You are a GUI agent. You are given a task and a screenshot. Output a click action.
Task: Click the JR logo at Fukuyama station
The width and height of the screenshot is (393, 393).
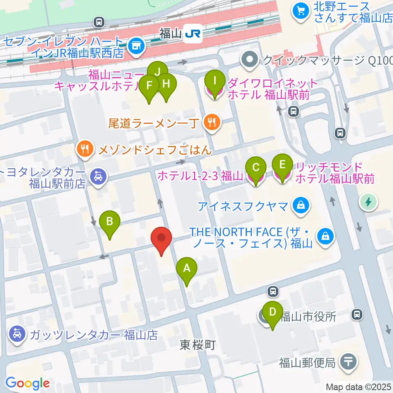pos(192,34)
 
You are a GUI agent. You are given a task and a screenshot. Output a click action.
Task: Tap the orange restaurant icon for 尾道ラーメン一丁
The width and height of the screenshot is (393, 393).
pos(212,122)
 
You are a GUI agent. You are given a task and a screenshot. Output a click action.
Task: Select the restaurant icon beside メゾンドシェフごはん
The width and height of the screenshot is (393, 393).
pos(85,149)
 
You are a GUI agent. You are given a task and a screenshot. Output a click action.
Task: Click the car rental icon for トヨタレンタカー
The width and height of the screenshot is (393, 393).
pos(98,176)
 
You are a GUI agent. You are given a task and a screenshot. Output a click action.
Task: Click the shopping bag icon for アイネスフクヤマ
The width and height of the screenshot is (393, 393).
pos(301,205)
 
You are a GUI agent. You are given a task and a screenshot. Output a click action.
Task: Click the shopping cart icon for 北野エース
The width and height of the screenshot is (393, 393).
pos(301,11)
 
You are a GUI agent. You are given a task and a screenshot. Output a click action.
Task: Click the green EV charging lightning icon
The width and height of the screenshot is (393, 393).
pos(368,201)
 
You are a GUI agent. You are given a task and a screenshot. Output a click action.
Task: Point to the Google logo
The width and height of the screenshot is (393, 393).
pos(27,383)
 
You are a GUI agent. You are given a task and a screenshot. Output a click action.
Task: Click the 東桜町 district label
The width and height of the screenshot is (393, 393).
pos(197,346)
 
